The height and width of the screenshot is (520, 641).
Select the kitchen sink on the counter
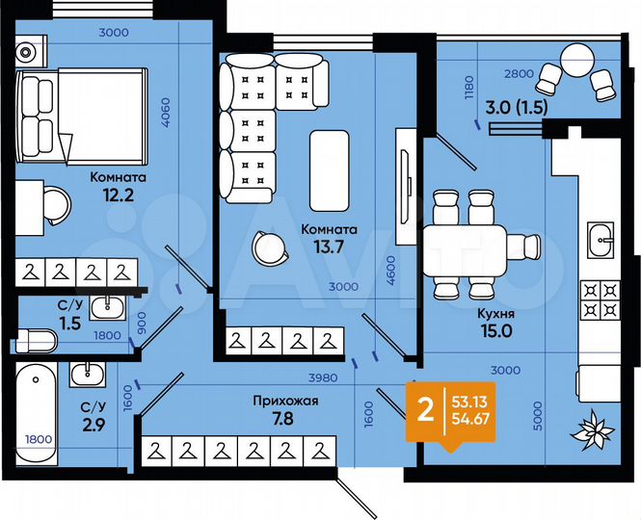point(601,238)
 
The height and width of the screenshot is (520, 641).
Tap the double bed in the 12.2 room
point(82,120)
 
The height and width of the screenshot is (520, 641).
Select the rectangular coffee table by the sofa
point(330,168)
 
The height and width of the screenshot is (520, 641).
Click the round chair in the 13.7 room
point(266,247)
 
